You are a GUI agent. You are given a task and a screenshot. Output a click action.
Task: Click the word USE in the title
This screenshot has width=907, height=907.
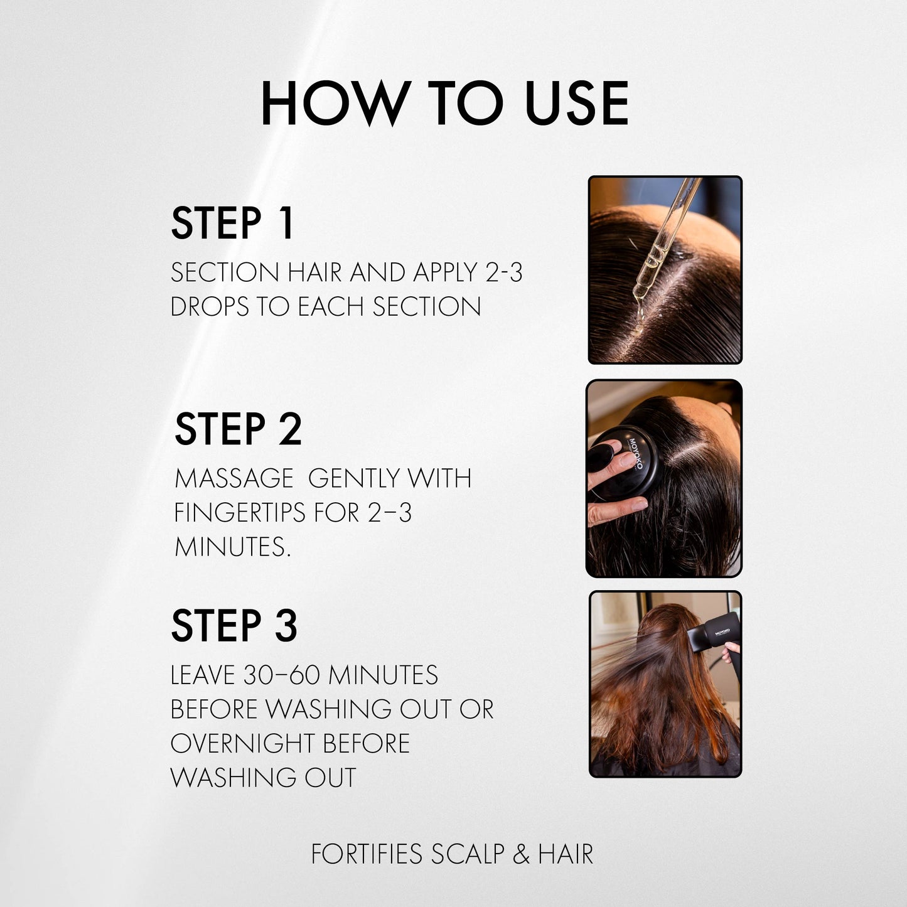[576, 103]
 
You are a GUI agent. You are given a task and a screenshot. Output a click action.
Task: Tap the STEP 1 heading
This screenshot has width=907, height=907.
[232, 223]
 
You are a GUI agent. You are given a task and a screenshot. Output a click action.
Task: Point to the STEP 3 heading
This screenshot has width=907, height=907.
[234, 626]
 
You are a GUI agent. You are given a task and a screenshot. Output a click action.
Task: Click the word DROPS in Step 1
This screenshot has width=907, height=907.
[210, 307]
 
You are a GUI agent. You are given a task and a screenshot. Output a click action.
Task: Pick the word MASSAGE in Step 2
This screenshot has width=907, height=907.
[233, 479]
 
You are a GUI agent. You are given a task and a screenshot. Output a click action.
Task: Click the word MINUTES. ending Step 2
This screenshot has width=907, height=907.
[232, 547]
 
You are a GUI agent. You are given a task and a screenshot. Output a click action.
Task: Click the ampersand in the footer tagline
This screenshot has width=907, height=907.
[521, 854]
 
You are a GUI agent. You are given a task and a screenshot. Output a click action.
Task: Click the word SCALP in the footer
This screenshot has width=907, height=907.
[468, 854]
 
